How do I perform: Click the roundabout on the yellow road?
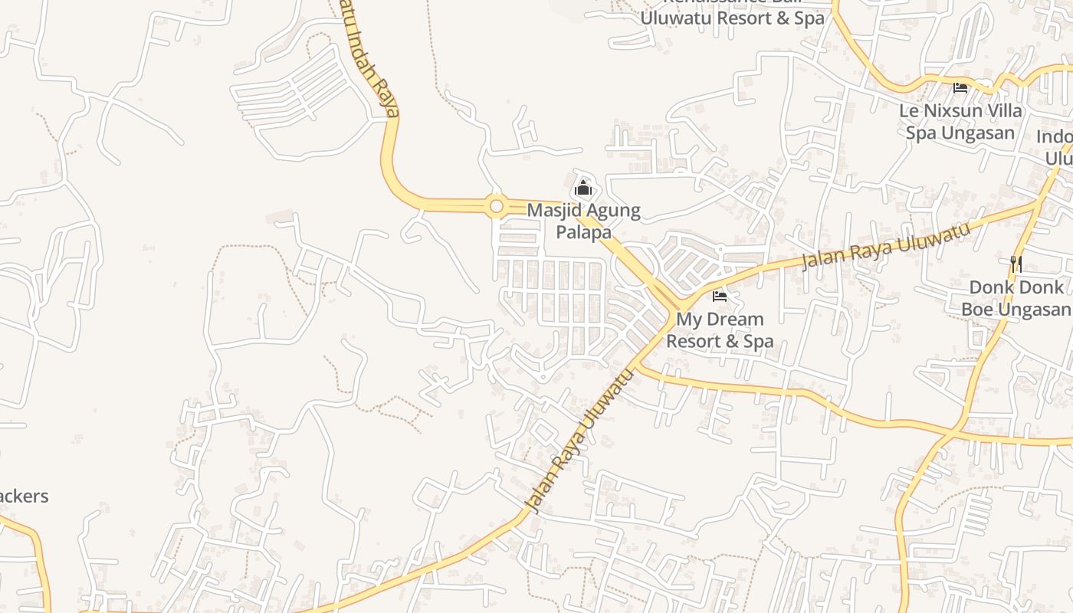pyautogui.click(x=496, y=206)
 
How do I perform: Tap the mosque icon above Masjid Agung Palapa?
pyautogui.click(x=583, y=187)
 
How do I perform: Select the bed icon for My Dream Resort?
pyautogui.click(x=719, y=297)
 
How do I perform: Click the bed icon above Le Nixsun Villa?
pyautogui.click(x=960, y=88)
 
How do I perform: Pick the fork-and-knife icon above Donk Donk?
pyautogui.click(x=1016, y=264)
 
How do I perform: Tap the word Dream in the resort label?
pyautogui.click(x=736, y=319)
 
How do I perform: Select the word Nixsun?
pyautogui.click(x=954, y=111)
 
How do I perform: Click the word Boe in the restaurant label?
pyautogui.click(x=978, y=310)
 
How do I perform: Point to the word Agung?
pyautogui.click(x=612, y=210)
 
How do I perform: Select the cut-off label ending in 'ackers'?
pyautogui.click(x=23, y=497)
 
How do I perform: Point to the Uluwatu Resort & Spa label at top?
pyautogui.click(x=732, y=18)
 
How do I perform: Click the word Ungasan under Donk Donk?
pyautogui.click(x=1037, y=310)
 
